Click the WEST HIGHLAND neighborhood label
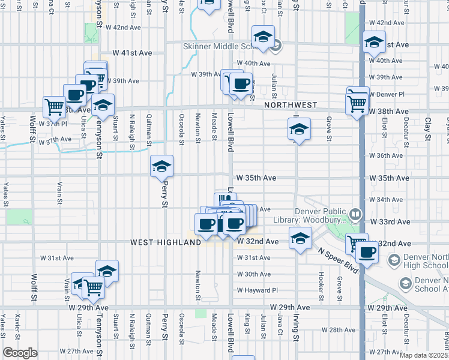coord(165,242)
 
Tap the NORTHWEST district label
coord(290,105)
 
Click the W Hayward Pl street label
coord(258,290)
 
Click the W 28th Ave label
coord(339,329)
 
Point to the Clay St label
coord(428,129)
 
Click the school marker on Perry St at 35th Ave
coord(161,166)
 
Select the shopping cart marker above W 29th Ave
coord(94,288)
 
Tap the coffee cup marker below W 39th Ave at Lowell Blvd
coord(241,84)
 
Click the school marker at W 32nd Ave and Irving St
coord(299,238)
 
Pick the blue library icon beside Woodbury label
coord(355,214)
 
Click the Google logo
coord(20,353)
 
